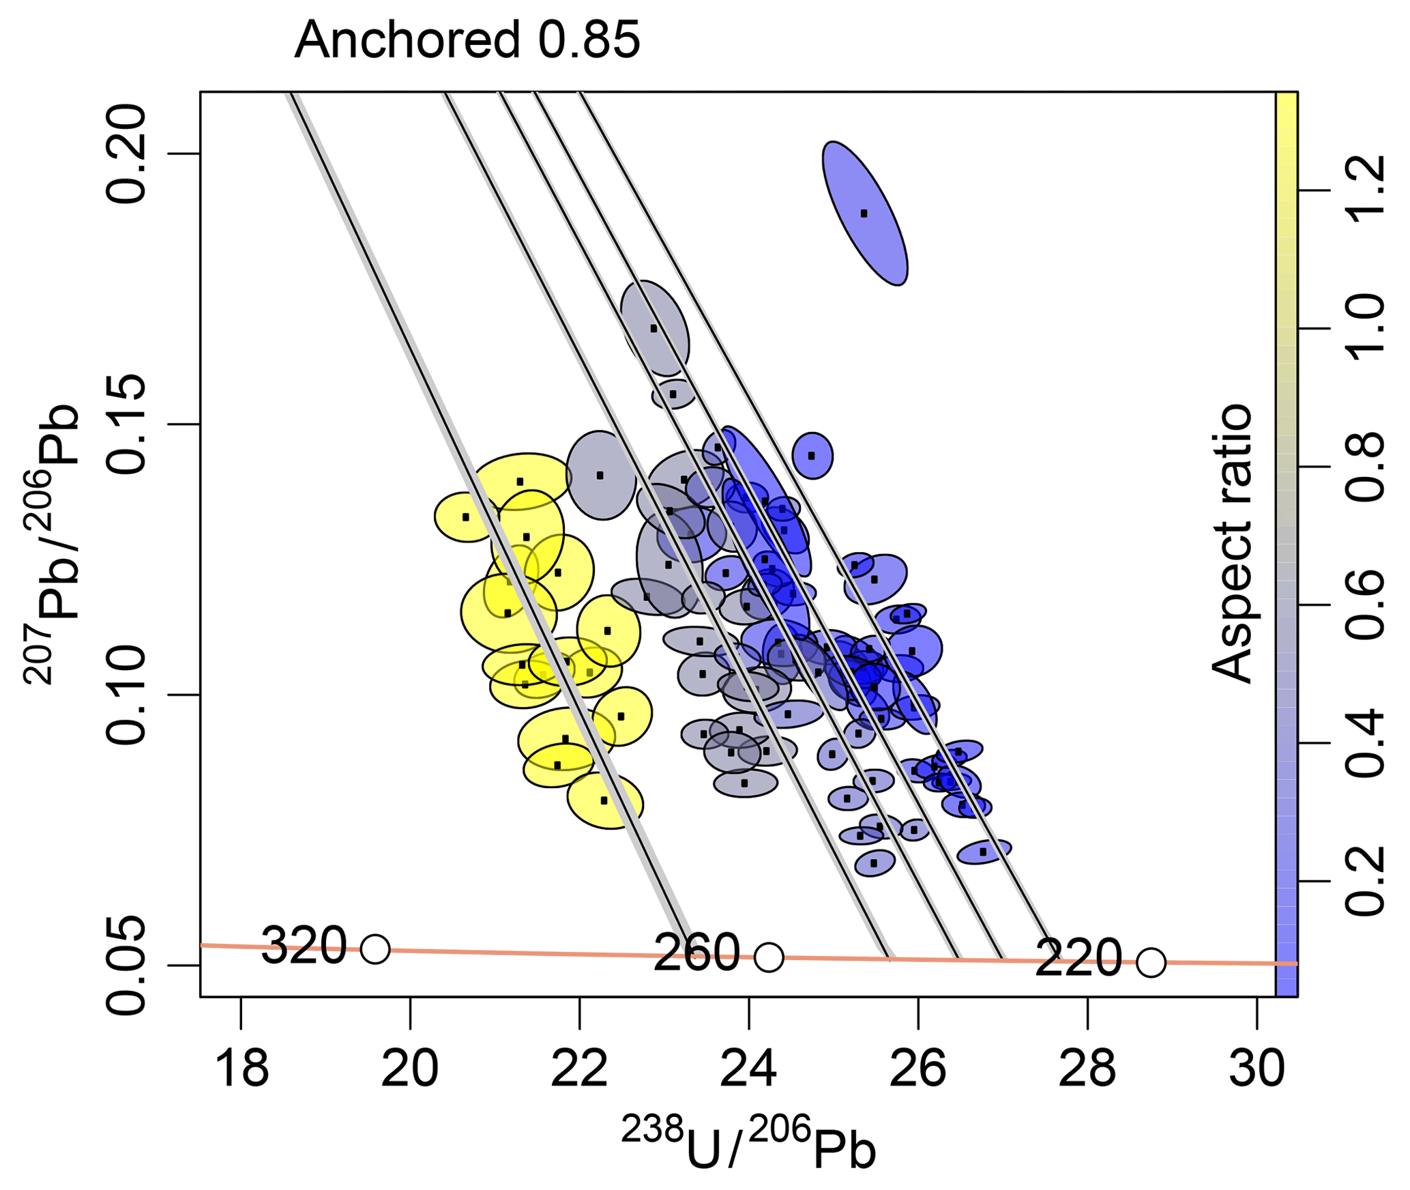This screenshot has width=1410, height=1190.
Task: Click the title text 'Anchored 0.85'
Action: pyautogui.click(x=467, y=40)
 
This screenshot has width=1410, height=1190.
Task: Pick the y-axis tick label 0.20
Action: pyautogui.click(x=128, y=155)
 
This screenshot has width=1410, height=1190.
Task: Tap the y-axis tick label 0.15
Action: pyautogui.click(x=128, y=424)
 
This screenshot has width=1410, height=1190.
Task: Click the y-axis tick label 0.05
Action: pyautogui.click(x=128, y=965)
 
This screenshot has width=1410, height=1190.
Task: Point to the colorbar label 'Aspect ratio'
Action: pyautogui.click(x=1232, y=544)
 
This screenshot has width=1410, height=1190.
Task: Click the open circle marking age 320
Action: pyautogui.click(x=375, y=948)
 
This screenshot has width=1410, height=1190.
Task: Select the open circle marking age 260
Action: pyautogui.click(x=769, y=957)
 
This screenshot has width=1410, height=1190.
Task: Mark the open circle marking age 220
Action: pyautogui.click(x=1151, y=962)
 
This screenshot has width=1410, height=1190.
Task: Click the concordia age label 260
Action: pyautogui.click(x=696, y=953)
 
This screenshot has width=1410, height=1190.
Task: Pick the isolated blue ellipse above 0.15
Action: pyautogui.click(x=864, y=213)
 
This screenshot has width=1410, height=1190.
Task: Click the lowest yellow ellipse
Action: pyautogui.click(x=605, y=800)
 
